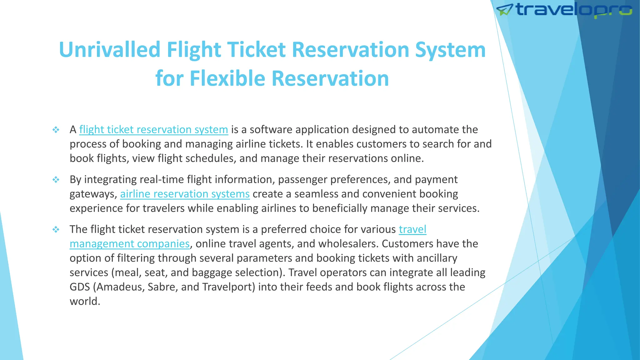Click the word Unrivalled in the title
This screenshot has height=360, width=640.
pyautogui.click(x=110, y=50)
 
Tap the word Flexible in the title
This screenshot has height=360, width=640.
pyautogui.click(x=227, y=78)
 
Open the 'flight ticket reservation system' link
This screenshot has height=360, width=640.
pyautogui.click(x=153, y=130)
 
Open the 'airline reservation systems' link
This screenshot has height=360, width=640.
pyautogui.click(x=185, y=194)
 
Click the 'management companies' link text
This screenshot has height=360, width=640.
pyautogui.click(x=129, y=244)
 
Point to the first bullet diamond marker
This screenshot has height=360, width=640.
pyautogui.click(x=56, y=130)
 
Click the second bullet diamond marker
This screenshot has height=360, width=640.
pyautogui.click(x=56, y=180)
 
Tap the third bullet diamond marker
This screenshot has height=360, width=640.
pyautogui.click(x=56, y=230)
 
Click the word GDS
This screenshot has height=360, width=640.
pyautogui.click(x=80, y=287)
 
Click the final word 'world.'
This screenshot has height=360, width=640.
pyautogui.click(x=85, y=301)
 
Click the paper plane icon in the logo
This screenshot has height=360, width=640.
pyautogui.click(x=504, y=10)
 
